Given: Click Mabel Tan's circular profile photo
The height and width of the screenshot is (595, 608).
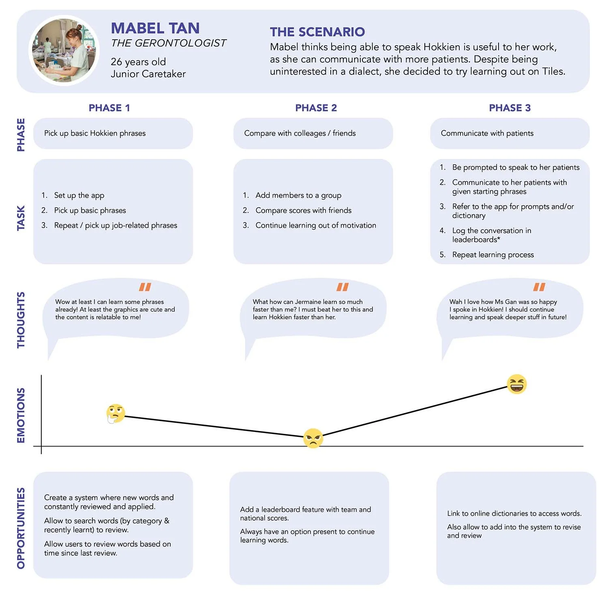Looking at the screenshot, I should (64, 51).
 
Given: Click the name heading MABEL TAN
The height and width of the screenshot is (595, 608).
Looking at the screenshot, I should (155, 28).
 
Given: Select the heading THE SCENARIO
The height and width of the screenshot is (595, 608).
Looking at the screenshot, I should (317, 32).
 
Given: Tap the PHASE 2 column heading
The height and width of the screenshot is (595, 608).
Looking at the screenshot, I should (316, 108).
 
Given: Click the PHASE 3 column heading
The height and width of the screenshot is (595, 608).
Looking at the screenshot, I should (510, 108).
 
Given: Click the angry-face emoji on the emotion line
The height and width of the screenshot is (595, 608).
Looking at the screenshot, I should (313, 438).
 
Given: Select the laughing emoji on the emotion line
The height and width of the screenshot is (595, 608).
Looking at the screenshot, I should (517, 384).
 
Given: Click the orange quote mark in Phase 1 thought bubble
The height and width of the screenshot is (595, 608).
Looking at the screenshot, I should (145, 287).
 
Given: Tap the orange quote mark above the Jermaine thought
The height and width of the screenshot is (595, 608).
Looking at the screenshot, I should (343, 287).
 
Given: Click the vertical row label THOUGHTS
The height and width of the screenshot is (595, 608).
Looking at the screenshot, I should (21, 320).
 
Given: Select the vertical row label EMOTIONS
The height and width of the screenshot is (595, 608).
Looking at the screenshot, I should (21, 415).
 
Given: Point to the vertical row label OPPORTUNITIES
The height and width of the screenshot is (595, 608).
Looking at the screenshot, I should (21, 528).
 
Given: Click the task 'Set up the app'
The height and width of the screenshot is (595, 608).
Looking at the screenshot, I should (79, 195).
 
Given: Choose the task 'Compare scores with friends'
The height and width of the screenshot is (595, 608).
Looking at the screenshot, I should (303, 210).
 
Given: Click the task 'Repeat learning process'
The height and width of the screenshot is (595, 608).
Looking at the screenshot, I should (493, 255).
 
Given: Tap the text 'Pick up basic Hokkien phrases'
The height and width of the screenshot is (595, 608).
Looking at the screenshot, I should (95, 133).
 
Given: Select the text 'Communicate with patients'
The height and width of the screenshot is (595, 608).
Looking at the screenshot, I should (487, 133).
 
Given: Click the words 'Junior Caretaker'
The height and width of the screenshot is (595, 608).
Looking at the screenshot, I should (148, 74).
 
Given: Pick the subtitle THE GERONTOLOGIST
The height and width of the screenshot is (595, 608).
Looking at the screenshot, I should (169, 43).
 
